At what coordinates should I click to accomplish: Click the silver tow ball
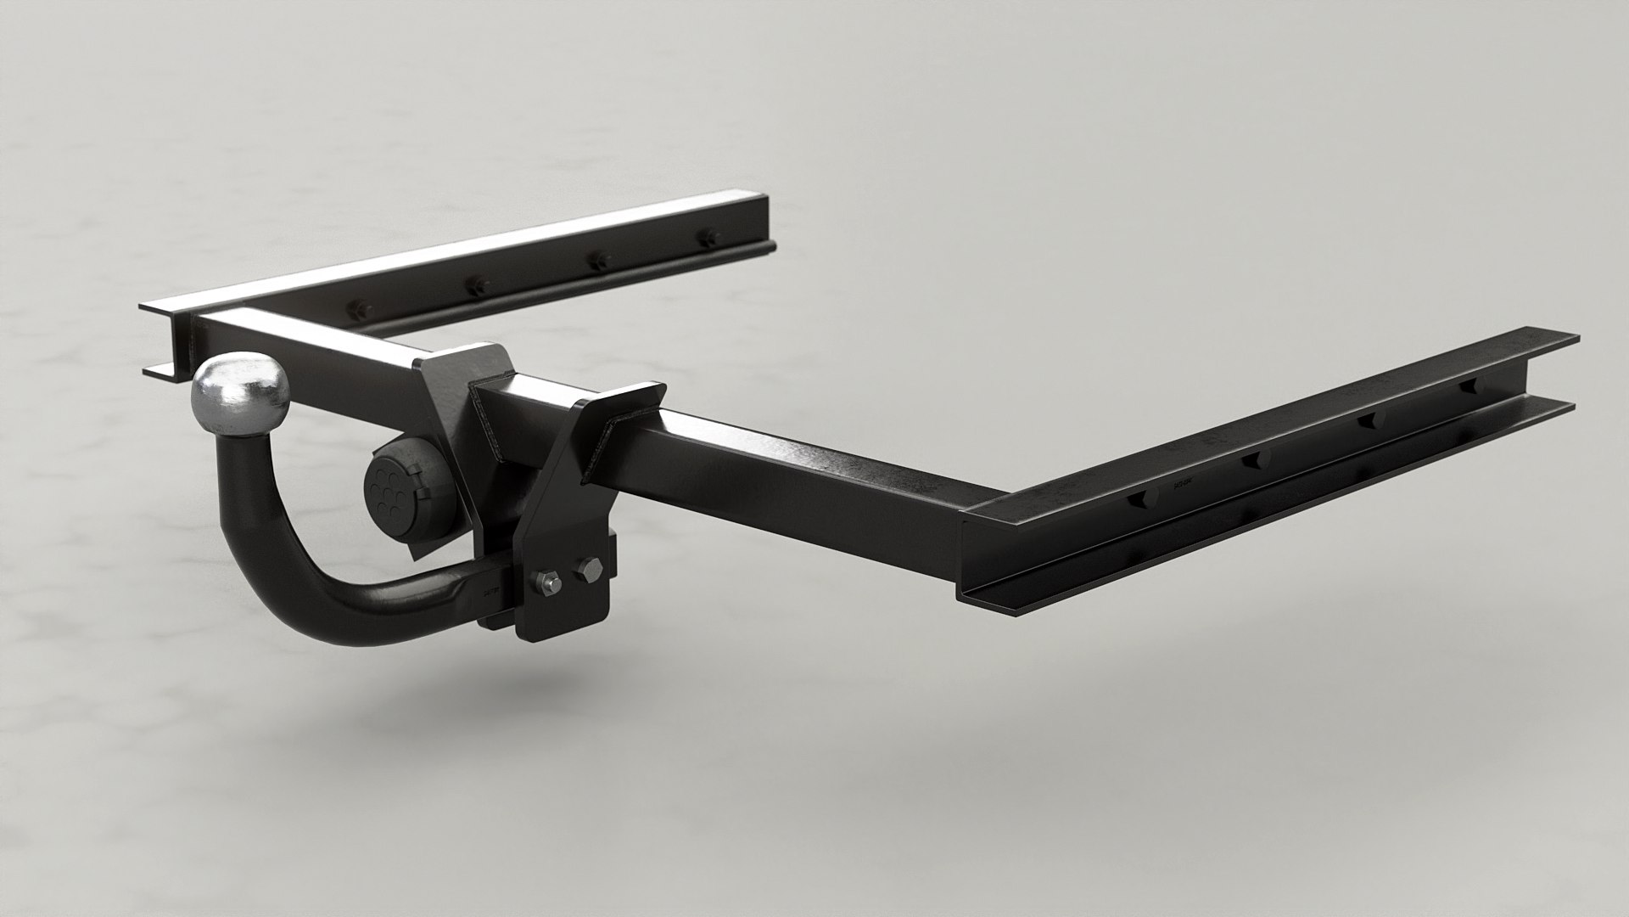tap(241, 391)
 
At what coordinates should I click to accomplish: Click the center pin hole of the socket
tap(390, 491)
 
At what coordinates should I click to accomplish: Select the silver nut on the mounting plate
tap(546, 582)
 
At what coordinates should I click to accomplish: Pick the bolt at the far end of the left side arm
tap(704, 239)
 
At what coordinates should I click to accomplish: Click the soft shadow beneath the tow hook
tap(407, 679)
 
